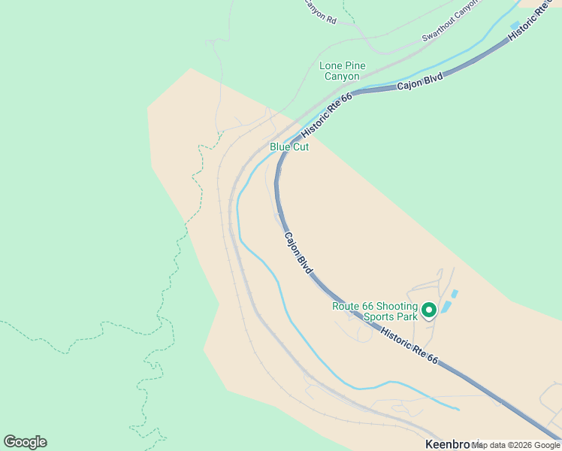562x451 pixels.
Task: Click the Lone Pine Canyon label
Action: tap(343, 71)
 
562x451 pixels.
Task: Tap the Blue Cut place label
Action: tap(289, 147)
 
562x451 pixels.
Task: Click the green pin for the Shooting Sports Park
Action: tap(429, 310)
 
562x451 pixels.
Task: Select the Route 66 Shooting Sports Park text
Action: tap(375, 311)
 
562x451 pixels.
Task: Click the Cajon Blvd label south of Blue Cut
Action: tap(298, 252)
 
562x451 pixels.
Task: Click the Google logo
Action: tap(25, 442)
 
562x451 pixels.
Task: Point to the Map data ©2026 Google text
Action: tap(515, 445)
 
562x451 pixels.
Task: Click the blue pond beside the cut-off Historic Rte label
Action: tap(515, 26)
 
